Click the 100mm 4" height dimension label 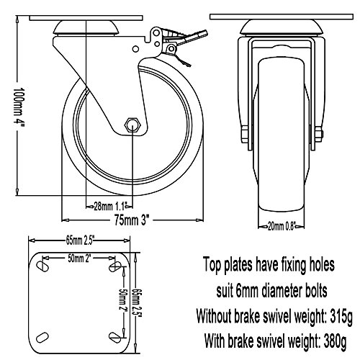pyautogui.click(x=19, y=107)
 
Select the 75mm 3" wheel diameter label pyautogui.click(x=132, y=220)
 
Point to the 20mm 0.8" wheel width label pyautogui.click(x=281, y=226)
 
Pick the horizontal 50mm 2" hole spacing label pyautogui.click(x=79, y=258)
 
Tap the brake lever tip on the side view pyautogui.click(x=204, y=34)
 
